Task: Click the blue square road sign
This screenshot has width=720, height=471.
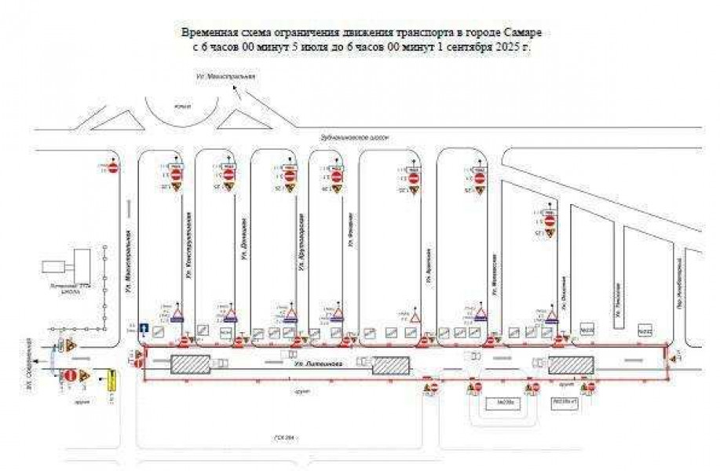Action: [144, 330]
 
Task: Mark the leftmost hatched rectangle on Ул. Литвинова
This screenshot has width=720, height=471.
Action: [190, 365]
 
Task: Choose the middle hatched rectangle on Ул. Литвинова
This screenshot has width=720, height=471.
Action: [390, 366]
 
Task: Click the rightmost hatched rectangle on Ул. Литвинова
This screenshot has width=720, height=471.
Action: [570, 365]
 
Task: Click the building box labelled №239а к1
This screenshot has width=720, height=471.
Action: [565, 401]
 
